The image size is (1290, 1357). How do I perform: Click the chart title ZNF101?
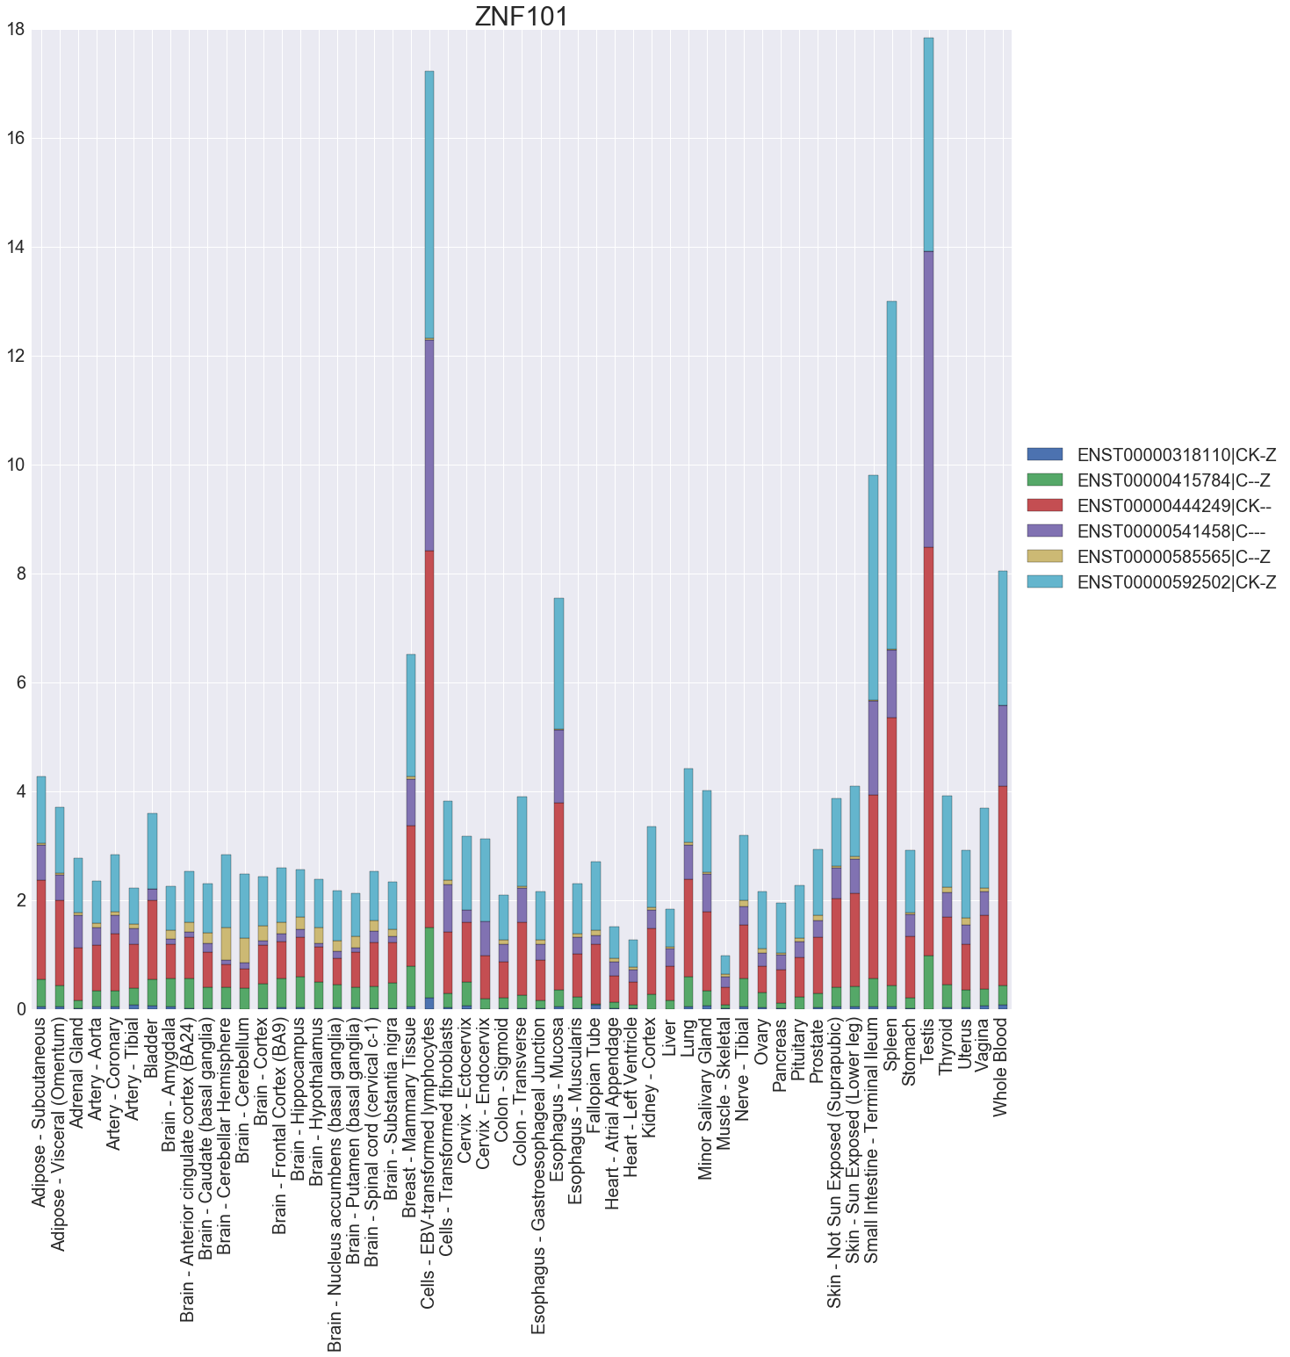click(x=522, y=17)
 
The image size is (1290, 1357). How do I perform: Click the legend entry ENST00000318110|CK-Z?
click(x=1176, y=455)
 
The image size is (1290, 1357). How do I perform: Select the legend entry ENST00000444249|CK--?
click(x=1174, y=506)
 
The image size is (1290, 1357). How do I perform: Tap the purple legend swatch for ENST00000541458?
click(x=1044, y=531)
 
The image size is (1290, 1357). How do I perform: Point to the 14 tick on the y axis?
click(x=16, y=248)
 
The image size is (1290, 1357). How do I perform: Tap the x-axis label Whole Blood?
click(x=1002, y=1067)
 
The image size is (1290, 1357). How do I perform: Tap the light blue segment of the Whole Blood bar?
click(x=1003, y=638)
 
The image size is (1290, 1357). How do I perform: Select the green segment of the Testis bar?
click(x=928, y=982)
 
